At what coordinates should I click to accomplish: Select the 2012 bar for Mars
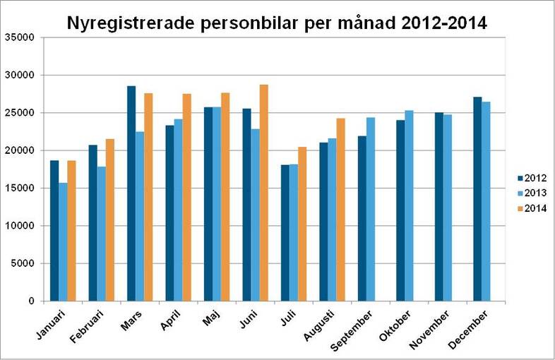point(131,193)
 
